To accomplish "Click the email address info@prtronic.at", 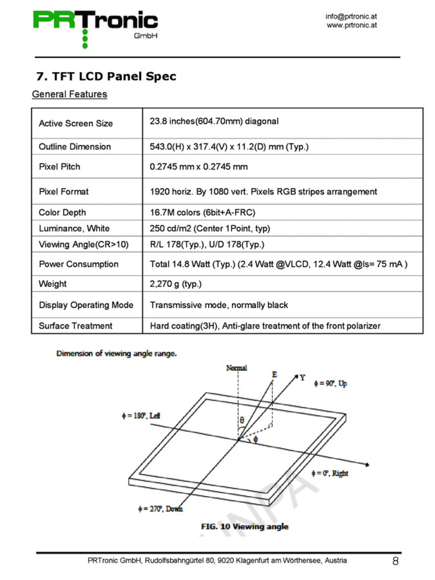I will (x=350, y=16).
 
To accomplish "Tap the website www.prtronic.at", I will (x=351, y=25).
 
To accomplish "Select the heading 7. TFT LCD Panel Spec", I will (x=106, y=76).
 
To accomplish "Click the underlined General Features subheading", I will (x=70, y=94).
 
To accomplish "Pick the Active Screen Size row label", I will (x=76, y=123).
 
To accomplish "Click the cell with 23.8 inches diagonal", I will (x=214, y=121).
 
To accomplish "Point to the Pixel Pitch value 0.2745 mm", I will (x=198, y=167).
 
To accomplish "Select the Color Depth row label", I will (x=62, y=212).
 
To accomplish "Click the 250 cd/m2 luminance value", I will (x=210, y=228).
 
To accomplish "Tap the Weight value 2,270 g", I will (x=175, y=284).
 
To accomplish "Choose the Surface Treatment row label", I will (x=76, y=326).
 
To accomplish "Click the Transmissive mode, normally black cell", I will (x=219, y=305).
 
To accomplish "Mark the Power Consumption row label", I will (x=79, y=264).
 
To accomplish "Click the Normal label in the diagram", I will (x=236, y=368).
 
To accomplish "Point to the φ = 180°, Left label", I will (x=141, y=415).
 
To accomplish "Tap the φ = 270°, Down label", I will (x=160, y=509).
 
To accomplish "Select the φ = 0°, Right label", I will (x=330, y=473).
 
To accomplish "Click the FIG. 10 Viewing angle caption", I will (x=244, y=526).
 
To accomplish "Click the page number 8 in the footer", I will (x=395, y=561).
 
